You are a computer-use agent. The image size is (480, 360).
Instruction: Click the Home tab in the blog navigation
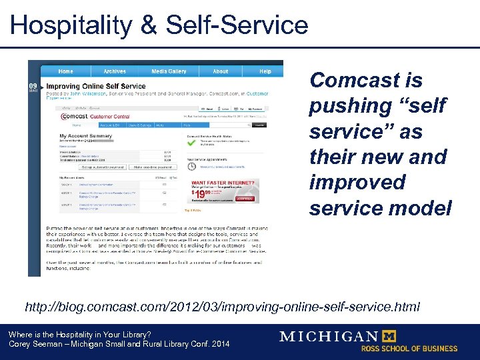pyautogui.click(x=65, y=71)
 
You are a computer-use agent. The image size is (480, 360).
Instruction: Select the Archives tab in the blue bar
pyautogui.click(x=114, y=71)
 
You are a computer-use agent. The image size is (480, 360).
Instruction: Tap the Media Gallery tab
pyautogui.click(x=169, y=71)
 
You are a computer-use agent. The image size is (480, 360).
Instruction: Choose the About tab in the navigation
pyautogui.click(x=221, y=71)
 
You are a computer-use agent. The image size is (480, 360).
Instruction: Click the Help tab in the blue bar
pyautogui.click(x=265, y=71)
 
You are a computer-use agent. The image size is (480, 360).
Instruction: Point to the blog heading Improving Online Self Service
pyautogui.click(x=96, y=86)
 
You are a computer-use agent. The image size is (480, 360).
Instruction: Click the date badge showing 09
pyautogui.click(x=33, y=87)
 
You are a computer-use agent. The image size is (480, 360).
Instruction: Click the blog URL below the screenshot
pyautogui.click(x=223, y=307)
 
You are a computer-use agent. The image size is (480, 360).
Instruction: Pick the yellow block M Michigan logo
pyautogui.click(x=389, y=337)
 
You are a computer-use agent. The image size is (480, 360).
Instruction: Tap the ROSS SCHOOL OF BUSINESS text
pyautogui.click(x=409, y=349)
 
